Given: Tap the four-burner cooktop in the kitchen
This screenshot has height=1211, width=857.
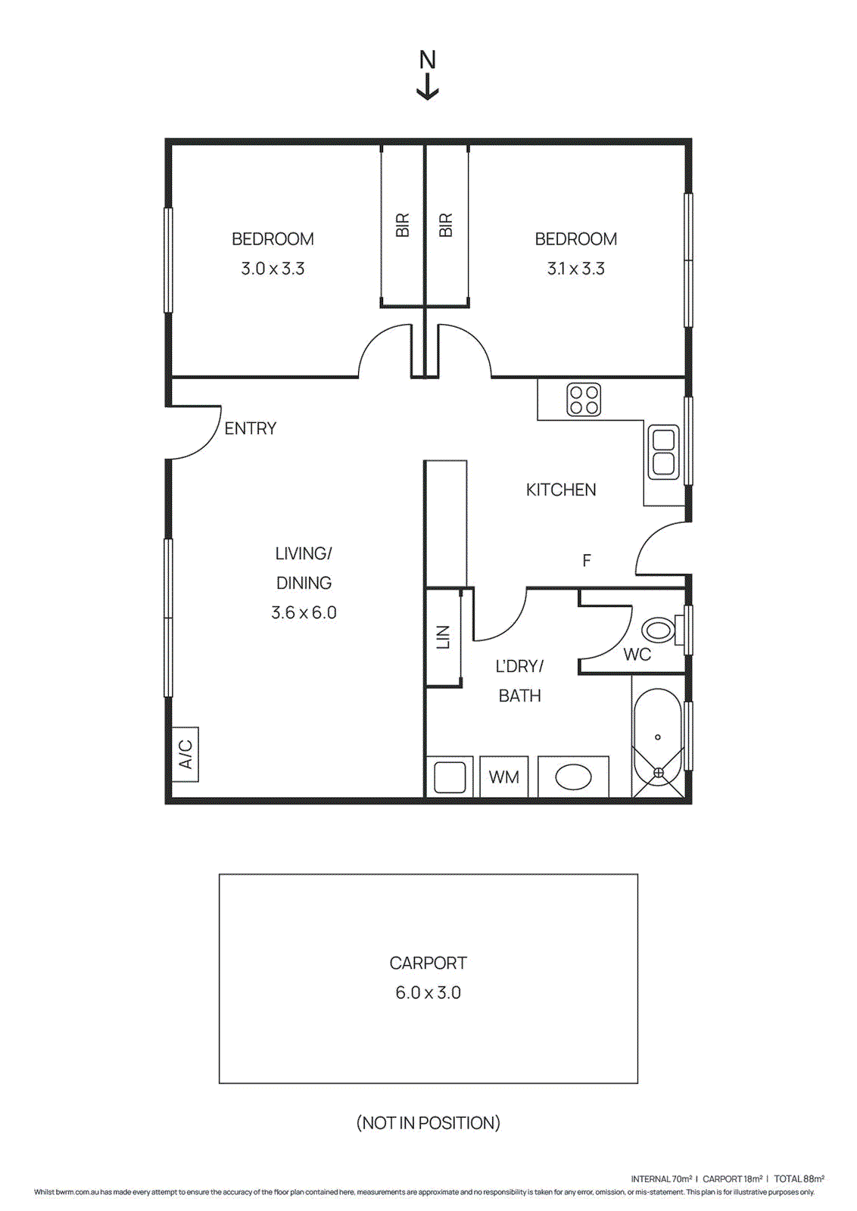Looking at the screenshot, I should click(x=584, y=400).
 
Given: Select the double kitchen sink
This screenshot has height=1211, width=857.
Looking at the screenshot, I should click(x=664, y=452).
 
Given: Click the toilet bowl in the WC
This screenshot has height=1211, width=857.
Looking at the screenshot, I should click(x=659, y=630).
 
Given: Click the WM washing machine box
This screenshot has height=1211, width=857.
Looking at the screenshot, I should click(x=504, y=777).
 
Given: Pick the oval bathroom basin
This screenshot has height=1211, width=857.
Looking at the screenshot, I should click(x=573, y=777).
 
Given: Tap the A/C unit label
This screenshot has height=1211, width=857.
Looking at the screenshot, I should click(x=185, y=754).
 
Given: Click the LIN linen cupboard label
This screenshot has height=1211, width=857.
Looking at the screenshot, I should click(x=444, y=637).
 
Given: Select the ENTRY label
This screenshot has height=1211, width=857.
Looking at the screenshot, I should click(x=251, y=428).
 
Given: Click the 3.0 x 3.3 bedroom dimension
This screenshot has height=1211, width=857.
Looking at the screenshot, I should click(x=273, y=269).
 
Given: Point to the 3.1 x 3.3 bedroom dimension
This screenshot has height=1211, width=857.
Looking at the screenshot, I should click(x=575, y=269).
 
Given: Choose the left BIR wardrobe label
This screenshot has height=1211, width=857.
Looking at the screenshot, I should click(x=402, y=225).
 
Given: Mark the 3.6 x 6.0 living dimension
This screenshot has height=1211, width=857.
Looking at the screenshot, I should click(x=304, y=612).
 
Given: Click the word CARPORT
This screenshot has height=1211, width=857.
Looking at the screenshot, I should click(x=428, y=963).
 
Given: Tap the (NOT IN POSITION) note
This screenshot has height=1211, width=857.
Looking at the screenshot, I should click(x=428, y=1122).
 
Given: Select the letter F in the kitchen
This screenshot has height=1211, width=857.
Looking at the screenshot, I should click(x=586, y=561).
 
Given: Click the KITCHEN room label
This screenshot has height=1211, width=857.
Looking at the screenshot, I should click(x=561, y=490).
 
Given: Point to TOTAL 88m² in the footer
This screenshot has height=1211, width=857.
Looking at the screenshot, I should click(x=799, y=1178).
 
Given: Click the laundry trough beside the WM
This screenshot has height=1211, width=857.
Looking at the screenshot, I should click(x=450, y=777).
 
